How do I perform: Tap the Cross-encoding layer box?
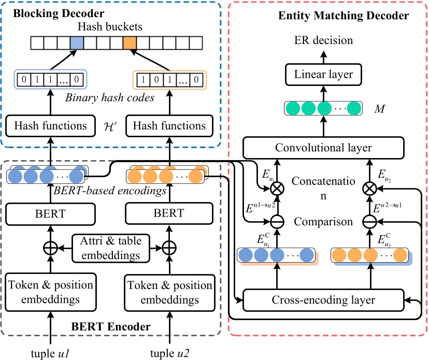click(323, 300)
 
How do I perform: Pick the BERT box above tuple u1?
click(50, 213)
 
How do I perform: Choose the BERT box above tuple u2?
click(169, 213)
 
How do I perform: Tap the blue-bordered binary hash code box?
click(50, 80)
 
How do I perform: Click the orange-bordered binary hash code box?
click(169, 80)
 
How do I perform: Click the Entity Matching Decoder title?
click(342, 16)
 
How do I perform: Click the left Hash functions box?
click(50, 125)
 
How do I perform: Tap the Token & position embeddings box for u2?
click(169, 292)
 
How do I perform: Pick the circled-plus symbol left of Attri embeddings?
click(50, 248)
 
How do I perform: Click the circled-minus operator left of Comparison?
click(278, 223)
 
